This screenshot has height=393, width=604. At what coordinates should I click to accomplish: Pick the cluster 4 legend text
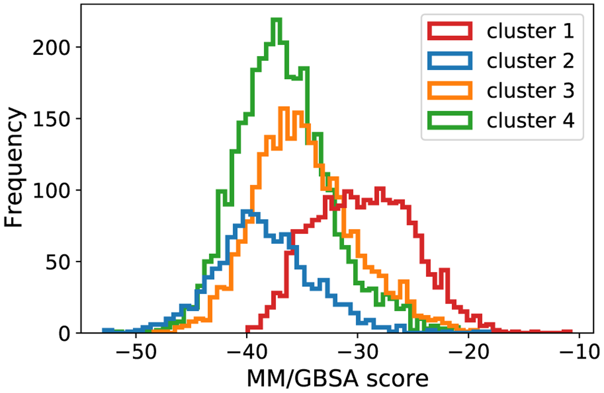point(530,120)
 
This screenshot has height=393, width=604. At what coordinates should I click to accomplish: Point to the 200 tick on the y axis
point(51,48)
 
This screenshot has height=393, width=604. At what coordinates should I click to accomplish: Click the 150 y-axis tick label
point(51,119)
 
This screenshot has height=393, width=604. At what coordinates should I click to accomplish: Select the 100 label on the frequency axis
point(51,191)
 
